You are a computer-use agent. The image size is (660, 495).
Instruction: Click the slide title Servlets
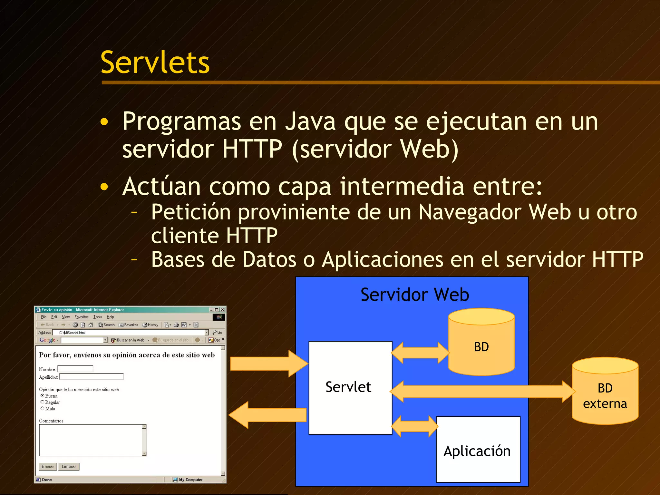point(155,63)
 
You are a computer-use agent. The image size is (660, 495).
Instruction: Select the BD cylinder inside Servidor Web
point(481,346)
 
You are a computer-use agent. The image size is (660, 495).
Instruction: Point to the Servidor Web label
point(414,295)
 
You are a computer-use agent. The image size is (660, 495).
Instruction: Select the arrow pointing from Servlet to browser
point(267,415)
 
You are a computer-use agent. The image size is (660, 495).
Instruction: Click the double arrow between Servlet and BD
point(420,353)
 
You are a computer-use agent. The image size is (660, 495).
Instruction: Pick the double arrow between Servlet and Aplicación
point(414,426)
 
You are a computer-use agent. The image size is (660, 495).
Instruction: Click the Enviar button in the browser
point(48,466)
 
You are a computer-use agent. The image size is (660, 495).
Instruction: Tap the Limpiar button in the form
point(69,466)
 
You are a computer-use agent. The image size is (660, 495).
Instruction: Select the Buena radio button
point(42,395)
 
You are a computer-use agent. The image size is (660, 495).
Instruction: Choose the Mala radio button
point(42,408)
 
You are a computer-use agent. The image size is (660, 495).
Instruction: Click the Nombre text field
point(75,369)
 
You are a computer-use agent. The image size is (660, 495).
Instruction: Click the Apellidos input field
point(92,376)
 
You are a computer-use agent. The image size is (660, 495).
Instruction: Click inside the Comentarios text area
point(90,440)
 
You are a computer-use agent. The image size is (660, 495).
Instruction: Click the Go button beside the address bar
point(218,332)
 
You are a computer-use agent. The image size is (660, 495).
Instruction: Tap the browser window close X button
point(222,310)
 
